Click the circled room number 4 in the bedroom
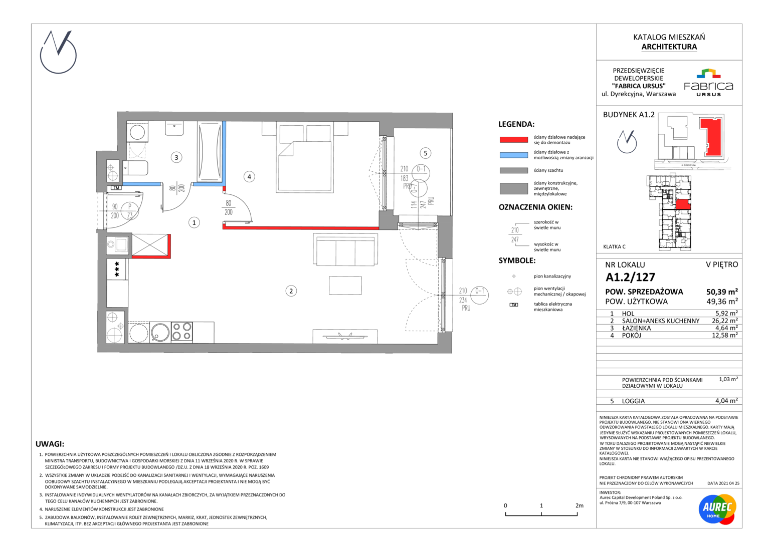point(249,177)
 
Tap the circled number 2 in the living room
point(291,291)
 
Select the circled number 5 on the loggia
point(426,153)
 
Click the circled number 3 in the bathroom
point(176,158)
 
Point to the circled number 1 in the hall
point(194,223)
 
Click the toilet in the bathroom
point(135,168)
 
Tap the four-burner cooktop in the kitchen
point(181,332)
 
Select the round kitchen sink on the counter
point(160,332)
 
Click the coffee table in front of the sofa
point(345,286)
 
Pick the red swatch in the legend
point(514,139)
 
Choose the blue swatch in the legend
point(514,155)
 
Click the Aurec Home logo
point(717,509)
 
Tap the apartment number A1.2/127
point(630,277)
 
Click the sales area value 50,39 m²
point(722,292)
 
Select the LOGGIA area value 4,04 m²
point(726,401)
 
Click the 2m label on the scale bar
point(580,505)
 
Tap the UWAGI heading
point(50,444)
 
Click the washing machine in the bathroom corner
point(137,132)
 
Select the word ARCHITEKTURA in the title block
point(669,47)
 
